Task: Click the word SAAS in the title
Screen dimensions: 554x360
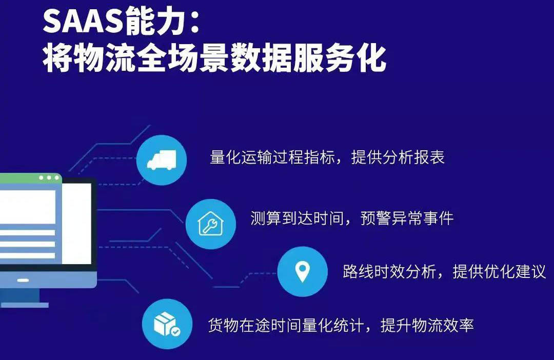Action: coord(83,22)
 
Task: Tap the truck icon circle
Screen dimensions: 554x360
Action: coord(162,160)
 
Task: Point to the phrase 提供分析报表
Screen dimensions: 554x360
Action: coord(398,157)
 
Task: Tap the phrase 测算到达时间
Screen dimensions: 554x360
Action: coord(297,218)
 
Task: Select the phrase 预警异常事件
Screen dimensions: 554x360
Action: coord(407,218)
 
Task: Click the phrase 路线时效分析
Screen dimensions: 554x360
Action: coord(389,271)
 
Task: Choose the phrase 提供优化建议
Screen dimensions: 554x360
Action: coord(499,271)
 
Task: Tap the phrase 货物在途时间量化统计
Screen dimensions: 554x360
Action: coord(286,325)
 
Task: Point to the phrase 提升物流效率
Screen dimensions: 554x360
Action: coord(427,325)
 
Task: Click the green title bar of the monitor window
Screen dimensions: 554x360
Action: coord(31,178)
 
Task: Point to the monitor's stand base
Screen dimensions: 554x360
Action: coord(24,305)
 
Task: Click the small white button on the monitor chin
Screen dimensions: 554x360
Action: coord(23,280)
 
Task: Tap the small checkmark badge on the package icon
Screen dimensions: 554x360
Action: coord(175,331)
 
